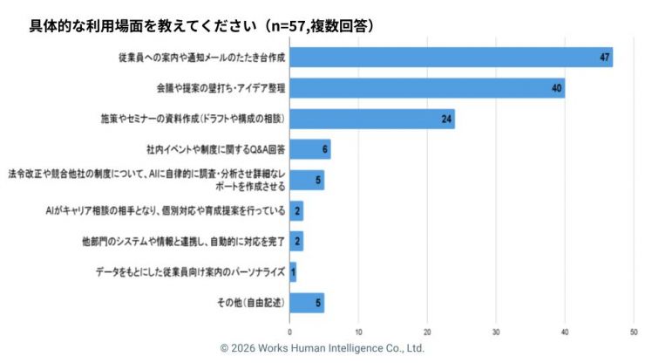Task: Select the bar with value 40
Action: pos(426,88)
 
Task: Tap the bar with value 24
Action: pos(371,119)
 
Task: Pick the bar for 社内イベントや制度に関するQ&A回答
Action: pos(309,149)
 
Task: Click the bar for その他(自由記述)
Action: pos(306,303)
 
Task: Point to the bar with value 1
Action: pos(293,272)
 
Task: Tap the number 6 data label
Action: pos(324,149)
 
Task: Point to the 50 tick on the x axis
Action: pos(634,332)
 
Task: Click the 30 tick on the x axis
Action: pos(496,332)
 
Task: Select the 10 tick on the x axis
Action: pos(358,332)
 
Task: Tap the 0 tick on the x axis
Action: pos(289,332)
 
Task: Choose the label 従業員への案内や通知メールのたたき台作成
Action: pos(202,58)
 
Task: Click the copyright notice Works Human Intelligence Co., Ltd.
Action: pos(322,347)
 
